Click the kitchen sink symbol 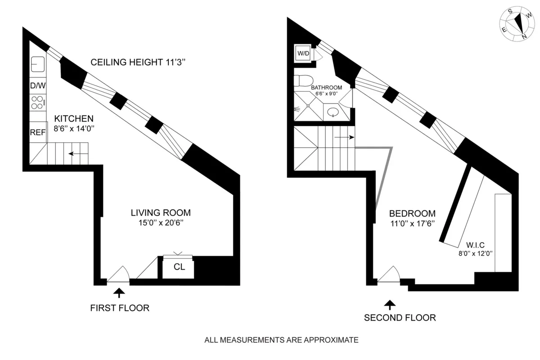click(x=37, y=65)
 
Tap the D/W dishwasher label click(x=36, y=85)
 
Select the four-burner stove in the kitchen click(x=37, y=103)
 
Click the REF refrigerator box click(x=38, y=132)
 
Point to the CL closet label click(x=179, y=267)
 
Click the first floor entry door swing click(x=118, y=276)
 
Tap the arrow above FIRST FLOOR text click(x=119, y=293)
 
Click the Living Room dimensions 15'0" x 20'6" click(x=161, y=222)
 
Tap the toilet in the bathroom click(x=301, y=81)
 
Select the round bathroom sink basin click(x=333, y=112)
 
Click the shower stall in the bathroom click(x=308, y=107)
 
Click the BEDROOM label click(x=412, y=214)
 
